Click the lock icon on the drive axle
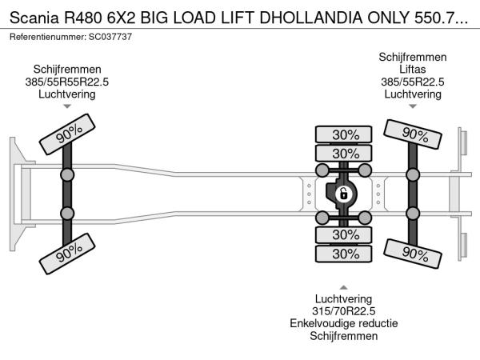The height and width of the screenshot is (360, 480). pos(342,194)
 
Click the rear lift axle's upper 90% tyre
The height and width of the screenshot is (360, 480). pos(413,134)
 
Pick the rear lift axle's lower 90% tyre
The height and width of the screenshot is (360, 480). pos(413,253)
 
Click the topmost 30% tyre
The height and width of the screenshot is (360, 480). pos(346,134)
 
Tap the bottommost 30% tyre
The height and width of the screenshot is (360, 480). pos(346,254)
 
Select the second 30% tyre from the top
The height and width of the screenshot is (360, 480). pos(346,153)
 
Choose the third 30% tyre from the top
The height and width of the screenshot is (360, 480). pos(346,234)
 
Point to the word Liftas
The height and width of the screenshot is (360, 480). pos(413,70)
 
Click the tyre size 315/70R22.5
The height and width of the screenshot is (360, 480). pos(344,310)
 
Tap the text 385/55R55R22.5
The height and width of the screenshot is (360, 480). pos(67,82)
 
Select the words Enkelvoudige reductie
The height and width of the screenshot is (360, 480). pos(344,323)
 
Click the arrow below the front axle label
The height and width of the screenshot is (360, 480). pos(67,106)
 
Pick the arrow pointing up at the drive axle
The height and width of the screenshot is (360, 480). pos(344,286)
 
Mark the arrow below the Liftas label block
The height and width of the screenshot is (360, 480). pos(413,106)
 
